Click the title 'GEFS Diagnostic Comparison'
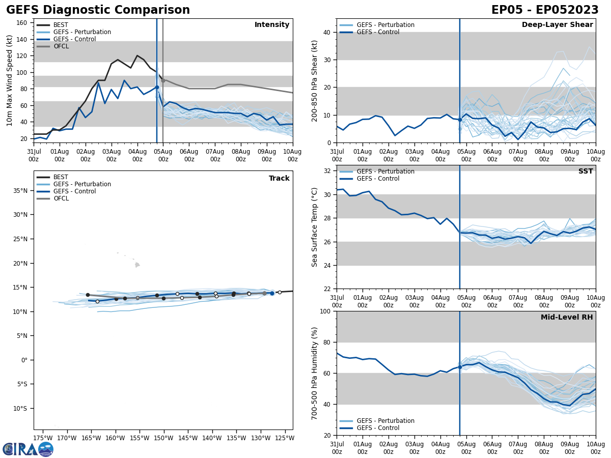pos(98,10)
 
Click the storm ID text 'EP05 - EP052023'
pos(545,10)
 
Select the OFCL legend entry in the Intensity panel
pos(61,46)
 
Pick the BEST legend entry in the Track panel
pos(61,177)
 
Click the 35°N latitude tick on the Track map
pos(20,191)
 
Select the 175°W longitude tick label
pos(43,438)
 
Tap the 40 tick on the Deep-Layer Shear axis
pos(328,32)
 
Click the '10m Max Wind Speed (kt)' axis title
pos(9,80)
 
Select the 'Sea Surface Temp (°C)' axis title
pos(315,227)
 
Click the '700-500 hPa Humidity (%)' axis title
pos(315,373)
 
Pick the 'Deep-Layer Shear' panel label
pos(557,25)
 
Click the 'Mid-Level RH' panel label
pos(567,318)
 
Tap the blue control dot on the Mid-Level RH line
pos(460,367)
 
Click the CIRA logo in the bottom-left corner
pos(27,449)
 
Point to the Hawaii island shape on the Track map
pos(137,265)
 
